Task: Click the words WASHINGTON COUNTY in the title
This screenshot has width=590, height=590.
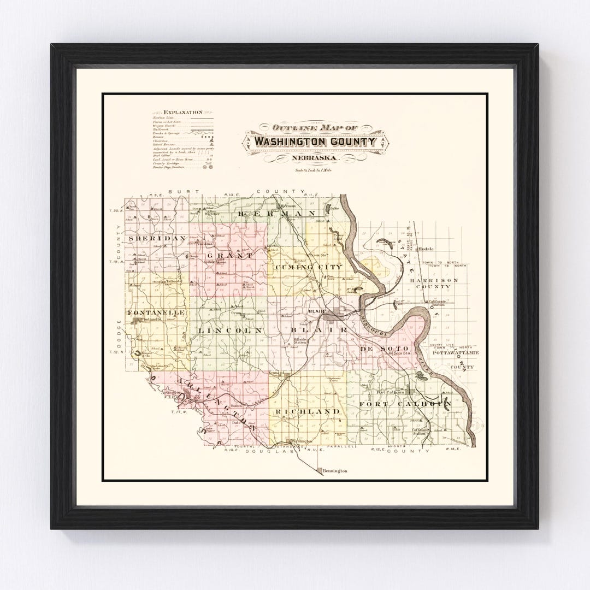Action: coord(315,142)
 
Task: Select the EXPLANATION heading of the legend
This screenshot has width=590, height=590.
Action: coord(179,112)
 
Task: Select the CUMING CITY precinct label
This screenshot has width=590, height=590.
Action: coord(309,267)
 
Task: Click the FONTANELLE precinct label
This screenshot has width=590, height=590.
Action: coord(149,312)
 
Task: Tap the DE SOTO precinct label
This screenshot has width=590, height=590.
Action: coord(377,347)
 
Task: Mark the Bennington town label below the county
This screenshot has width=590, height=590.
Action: coord(335,470)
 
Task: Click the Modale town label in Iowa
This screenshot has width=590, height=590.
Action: coord(424,249)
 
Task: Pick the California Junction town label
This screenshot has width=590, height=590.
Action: coord(436,303)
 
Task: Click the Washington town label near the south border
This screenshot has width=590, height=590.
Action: coord(302,441)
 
